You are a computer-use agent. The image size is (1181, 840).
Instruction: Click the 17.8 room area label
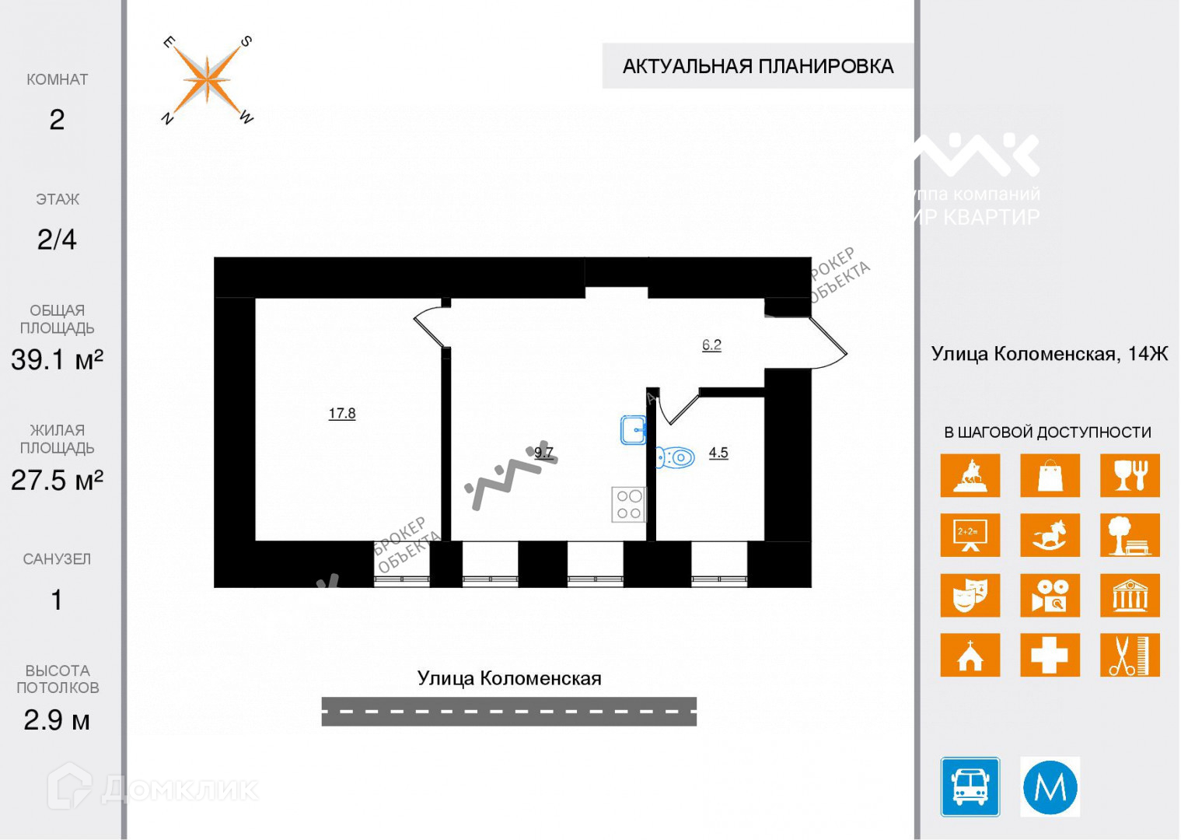coord(342,414)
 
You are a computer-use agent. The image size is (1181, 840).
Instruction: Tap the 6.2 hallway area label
coord(711,345)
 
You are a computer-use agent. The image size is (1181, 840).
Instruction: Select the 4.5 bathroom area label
coord(718,453)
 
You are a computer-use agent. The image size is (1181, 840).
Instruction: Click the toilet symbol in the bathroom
coord(676,457)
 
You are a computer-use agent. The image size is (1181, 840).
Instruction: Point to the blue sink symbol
coord(634,429)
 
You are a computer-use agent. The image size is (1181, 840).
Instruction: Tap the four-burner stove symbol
coord(628,504)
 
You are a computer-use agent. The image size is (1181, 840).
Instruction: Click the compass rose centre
coord(207,79)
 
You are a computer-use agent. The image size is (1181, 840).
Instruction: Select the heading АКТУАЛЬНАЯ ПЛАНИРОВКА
coord(757,66)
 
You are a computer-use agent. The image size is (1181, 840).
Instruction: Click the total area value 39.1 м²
coord(57,359)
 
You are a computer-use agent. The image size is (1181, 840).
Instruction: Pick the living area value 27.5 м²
coord(57,480)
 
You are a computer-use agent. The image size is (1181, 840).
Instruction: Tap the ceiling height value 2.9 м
coord(57,720)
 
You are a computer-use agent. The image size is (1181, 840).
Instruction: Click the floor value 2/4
coord(57,240)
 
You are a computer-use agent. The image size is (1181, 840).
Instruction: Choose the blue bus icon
coord(970,786)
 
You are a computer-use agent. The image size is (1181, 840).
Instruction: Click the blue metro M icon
coord(1050,787)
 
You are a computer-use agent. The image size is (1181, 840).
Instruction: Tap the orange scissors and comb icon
coord(1129,655)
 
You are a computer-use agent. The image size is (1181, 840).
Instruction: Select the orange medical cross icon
coord(1050,655)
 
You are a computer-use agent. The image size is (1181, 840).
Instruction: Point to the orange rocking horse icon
coord(1050,535)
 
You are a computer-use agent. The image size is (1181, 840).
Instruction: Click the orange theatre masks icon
coord(970,595)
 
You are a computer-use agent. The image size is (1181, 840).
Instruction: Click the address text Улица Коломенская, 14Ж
coord(1049,354)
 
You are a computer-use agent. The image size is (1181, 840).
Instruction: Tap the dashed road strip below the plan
coord(508,712)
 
